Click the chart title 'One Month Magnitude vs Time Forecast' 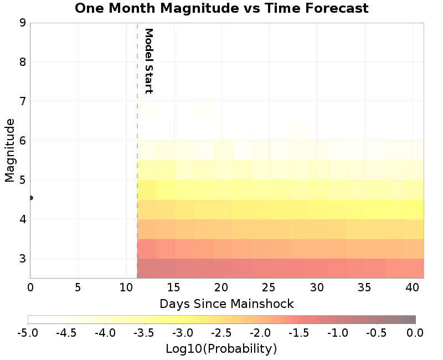point(221,8)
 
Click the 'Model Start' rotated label point(148,61)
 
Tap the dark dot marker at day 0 point(30,198)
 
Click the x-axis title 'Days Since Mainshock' point(226,304)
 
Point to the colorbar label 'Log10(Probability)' point(221,349)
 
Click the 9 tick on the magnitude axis point(23,23)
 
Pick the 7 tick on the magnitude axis point(23,101)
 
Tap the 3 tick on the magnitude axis point(23,259)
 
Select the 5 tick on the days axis point(78,288)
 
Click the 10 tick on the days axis point(126,288)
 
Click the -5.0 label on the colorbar point(28,333)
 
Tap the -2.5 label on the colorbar point(221,333)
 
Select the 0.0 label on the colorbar point(415,333)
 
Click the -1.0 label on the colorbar point(338,333)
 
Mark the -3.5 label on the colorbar point(144,333)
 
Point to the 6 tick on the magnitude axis point(23,141)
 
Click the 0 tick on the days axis point(30,288)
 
